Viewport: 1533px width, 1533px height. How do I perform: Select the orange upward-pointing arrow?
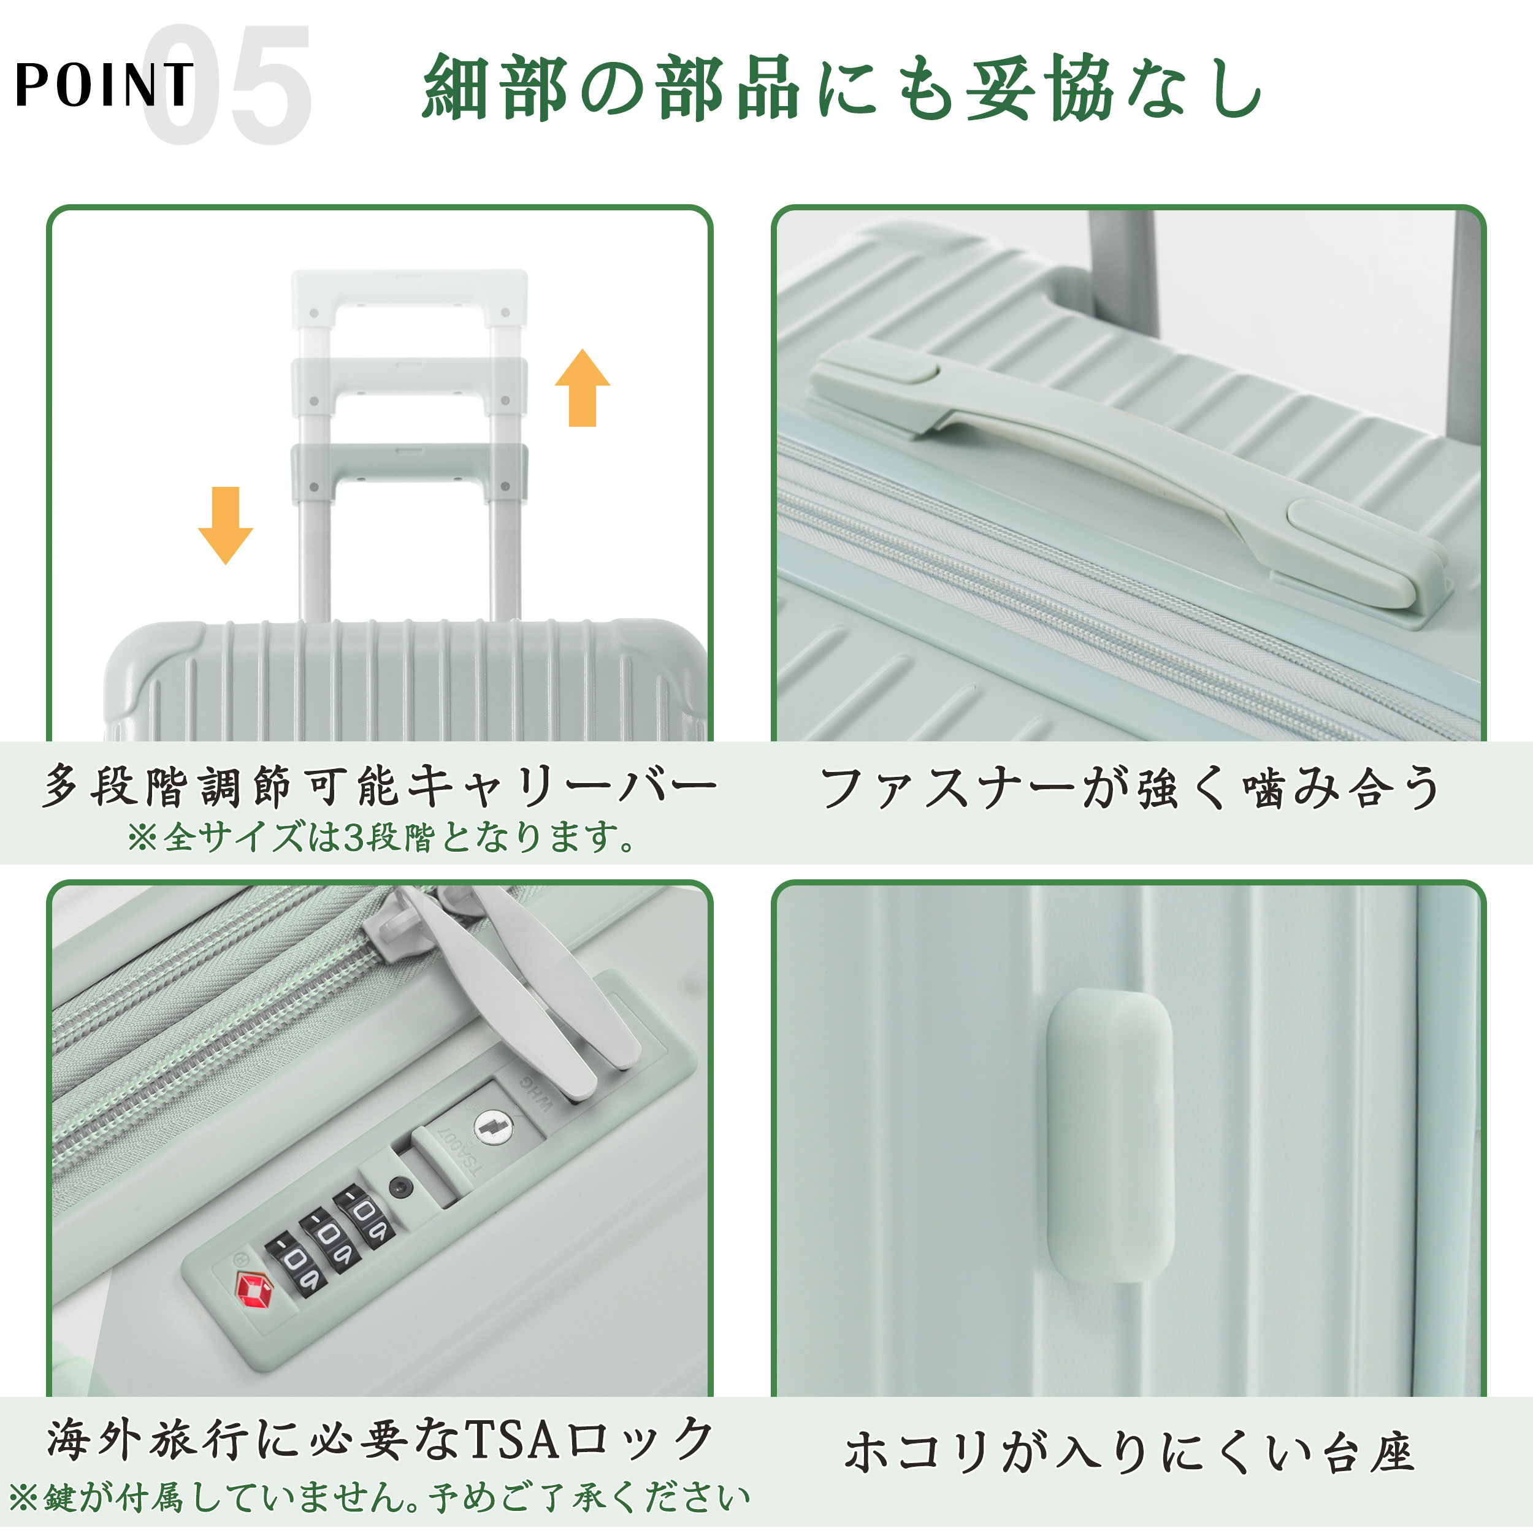pyautogui.click(x=583, y=388)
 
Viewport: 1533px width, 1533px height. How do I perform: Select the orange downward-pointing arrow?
pyautogui.click(x=225, y=526)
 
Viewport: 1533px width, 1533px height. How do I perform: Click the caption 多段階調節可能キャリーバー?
pyautogui.click(x=380, y=787)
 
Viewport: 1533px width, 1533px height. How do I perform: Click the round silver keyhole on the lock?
pyautogui.click(x=491, y=1126)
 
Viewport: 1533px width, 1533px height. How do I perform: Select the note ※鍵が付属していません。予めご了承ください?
pyautogui.click(x=380, y=1497)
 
